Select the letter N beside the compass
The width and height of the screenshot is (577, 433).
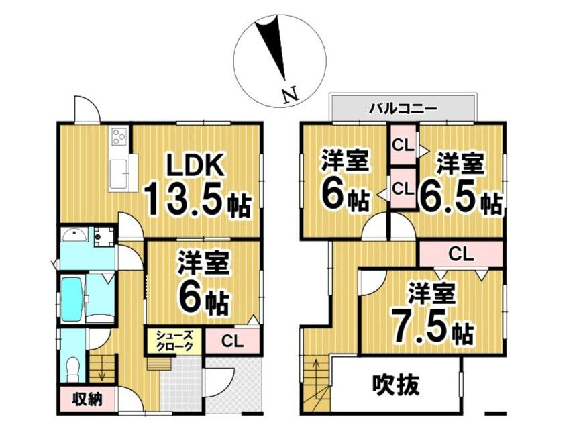(289, 95)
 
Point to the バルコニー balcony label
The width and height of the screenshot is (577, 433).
(404, 107)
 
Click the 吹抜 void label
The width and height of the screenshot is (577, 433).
(396, 385)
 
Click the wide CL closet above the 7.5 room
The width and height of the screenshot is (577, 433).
(461, 254)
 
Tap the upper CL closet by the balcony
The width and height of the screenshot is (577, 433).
(403, 144)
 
